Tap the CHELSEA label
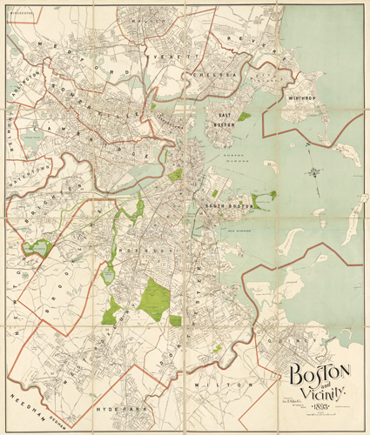coord(221,77)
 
